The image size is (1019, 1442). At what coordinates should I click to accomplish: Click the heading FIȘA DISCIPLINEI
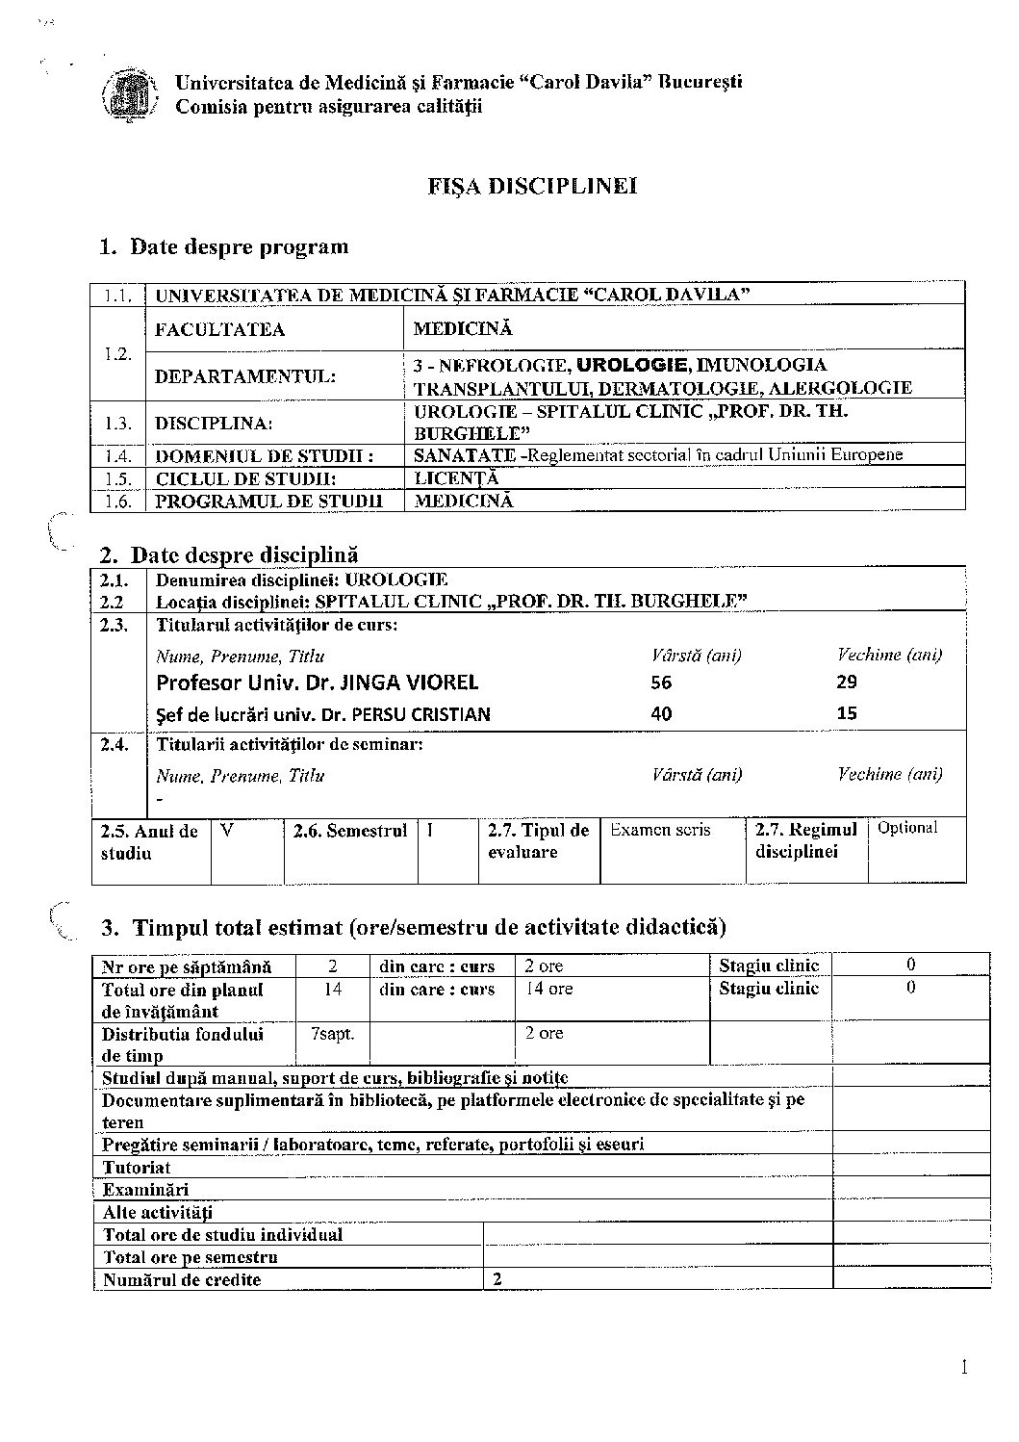[533, 187]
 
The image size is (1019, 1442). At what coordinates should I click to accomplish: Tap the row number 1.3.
[117, 423]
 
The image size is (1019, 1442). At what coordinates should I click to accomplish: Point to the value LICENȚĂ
[457, 478]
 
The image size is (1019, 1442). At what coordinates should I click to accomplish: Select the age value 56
[661, 682]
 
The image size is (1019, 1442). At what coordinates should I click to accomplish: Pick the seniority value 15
[847, 713]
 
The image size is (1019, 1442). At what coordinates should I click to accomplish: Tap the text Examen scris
[660, 830]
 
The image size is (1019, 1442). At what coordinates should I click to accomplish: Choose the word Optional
[906, 828]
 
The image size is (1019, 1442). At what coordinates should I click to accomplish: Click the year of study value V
[226, 830]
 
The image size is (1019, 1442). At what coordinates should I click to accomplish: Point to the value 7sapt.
[332, 1034]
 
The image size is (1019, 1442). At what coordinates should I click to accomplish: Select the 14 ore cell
[548, 989]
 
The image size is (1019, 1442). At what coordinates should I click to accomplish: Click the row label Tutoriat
[137, 1168]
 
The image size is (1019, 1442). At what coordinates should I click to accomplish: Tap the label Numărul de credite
[182, 1279]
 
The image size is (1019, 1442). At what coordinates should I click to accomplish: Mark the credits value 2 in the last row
[497, 1279]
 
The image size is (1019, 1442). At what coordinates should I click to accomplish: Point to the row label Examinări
[145, 1190]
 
